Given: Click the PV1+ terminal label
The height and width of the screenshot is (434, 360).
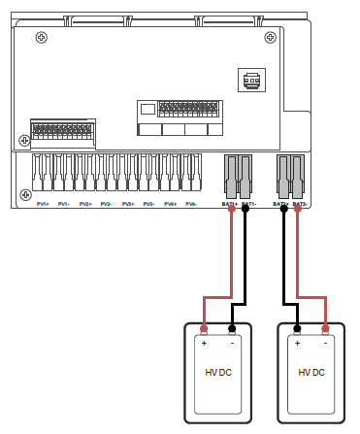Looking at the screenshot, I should (x=43, y=204).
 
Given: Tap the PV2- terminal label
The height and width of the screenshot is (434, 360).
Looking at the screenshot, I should (x=107, y=204).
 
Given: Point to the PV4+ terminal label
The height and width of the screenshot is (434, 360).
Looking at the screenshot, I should (x=171, y=204).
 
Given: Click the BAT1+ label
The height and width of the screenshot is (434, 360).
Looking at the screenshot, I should (x=230, y=205).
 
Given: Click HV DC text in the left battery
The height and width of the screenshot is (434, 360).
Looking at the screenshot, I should (x=217, y=373).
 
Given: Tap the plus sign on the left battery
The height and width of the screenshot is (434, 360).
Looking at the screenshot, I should (x=204, y=343).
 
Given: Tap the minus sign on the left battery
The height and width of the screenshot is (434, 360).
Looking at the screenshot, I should (x=233, y=343).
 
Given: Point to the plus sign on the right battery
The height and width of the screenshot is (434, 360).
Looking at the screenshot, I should (x=297, y=343).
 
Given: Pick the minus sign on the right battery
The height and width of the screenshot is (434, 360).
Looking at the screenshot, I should (x=325, y=343).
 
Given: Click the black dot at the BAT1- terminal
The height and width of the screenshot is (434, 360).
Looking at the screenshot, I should (x=245, y=207).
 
